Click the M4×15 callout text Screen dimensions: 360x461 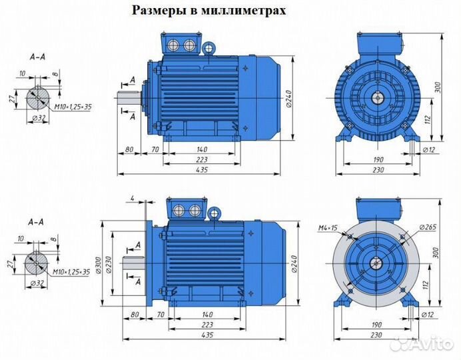pyautogui.click(x=328, y=229)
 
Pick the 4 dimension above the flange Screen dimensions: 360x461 pyautogui.click(x=133, y=197)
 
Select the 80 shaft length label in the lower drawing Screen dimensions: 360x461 pyautogui.click(x=135, y=314)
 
